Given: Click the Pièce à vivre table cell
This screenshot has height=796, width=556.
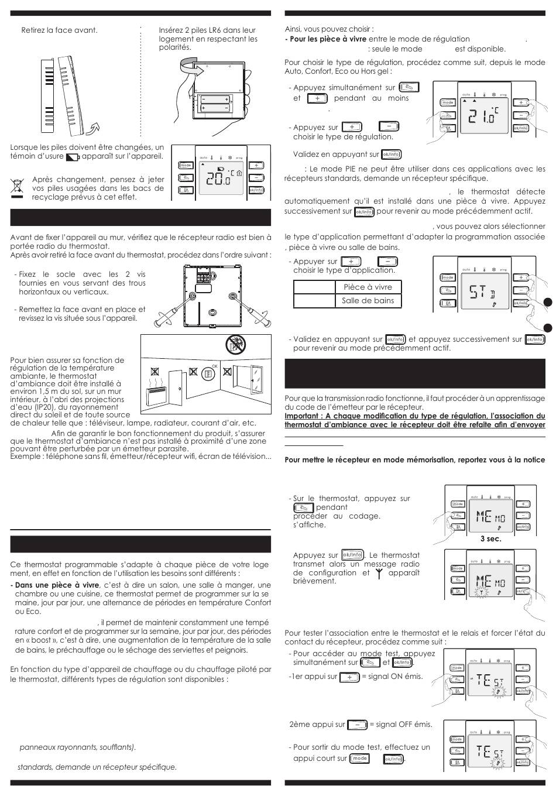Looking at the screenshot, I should (368, 287).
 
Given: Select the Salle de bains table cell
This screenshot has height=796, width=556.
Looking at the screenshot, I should (368, 301).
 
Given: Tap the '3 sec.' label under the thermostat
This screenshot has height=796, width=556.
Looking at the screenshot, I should (490, 538).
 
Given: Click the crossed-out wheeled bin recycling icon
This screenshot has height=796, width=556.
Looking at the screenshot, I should (17, 187).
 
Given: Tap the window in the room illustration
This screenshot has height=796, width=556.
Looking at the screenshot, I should (256, 381).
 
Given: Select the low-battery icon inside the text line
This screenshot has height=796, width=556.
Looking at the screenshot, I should (73, 157).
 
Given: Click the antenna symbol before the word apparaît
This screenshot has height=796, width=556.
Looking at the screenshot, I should (379, 573).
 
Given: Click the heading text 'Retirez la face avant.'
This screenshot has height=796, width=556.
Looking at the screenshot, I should (59, 30).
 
